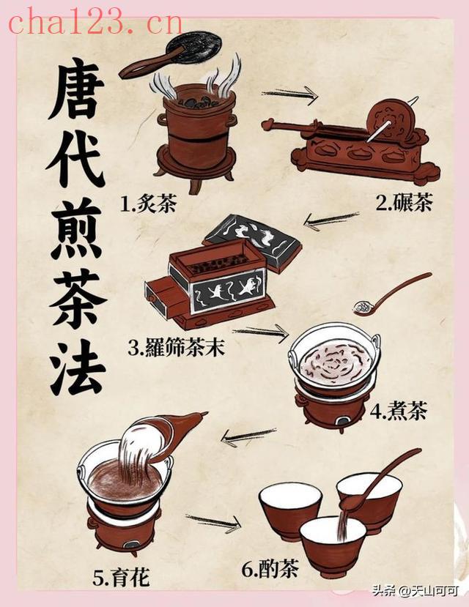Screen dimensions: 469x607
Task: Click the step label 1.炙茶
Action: (x=148, y=204)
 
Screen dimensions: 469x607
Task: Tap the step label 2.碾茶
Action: (x=403, y=202)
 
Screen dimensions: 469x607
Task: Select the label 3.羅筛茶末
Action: (x=176, y=347)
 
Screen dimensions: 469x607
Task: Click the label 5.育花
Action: (x=121, y=577)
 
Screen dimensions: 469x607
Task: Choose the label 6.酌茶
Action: (x=270, y=569)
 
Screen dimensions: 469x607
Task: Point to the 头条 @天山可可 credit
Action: (x=416, y=591)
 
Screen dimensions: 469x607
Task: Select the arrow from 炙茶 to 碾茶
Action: (x=289, y=94)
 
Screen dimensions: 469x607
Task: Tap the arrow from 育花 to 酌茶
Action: (x=213, y=523)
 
